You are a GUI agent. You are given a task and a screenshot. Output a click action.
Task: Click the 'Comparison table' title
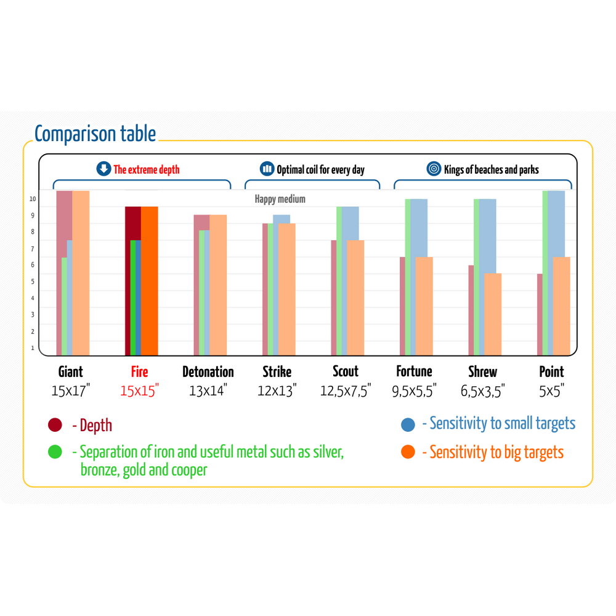pos(95,134)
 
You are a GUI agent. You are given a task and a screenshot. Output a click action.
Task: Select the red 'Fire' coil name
pos(139,371)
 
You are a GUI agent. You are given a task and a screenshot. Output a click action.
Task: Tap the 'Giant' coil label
pos(70,371)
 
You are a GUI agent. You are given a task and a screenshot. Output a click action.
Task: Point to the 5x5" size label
pos(551,390)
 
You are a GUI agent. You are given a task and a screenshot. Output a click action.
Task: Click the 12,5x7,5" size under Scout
pos(346,390)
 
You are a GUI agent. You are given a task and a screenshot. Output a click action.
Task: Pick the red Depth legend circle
pos(55,425)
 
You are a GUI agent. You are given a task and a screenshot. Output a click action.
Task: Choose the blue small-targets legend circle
pos(408,424)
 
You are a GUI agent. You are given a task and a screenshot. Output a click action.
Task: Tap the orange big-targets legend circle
pos(408,452)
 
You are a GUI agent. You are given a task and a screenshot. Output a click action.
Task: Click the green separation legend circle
pos(55,452)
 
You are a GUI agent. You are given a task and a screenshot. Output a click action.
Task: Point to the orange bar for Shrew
pos(493,314)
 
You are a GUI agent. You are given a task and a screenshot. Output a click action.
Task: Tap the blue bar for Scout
pos(351,222)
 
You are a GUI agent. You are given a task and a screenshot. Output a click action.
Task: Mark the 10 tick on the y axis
pos(33,199)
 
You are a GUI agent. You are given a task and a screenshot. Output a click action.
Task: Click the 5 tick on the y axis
pos(33,282)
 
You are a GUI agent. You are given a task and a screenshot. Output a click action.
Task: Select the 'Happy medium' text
pos(280,199)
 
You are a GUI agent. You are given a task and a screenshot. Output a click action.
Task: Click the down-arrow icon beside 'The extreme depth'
pos(103,169)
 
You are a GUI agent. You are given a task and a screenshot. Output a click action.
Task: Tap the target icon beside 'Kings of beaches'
pos(434,169)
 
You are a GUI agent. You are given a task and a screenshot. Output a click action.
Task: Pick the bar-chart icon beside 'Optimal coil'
pos(267,169)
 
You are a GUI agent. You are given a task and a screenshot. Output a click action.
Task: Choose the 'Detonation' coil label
pos(208,371)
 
